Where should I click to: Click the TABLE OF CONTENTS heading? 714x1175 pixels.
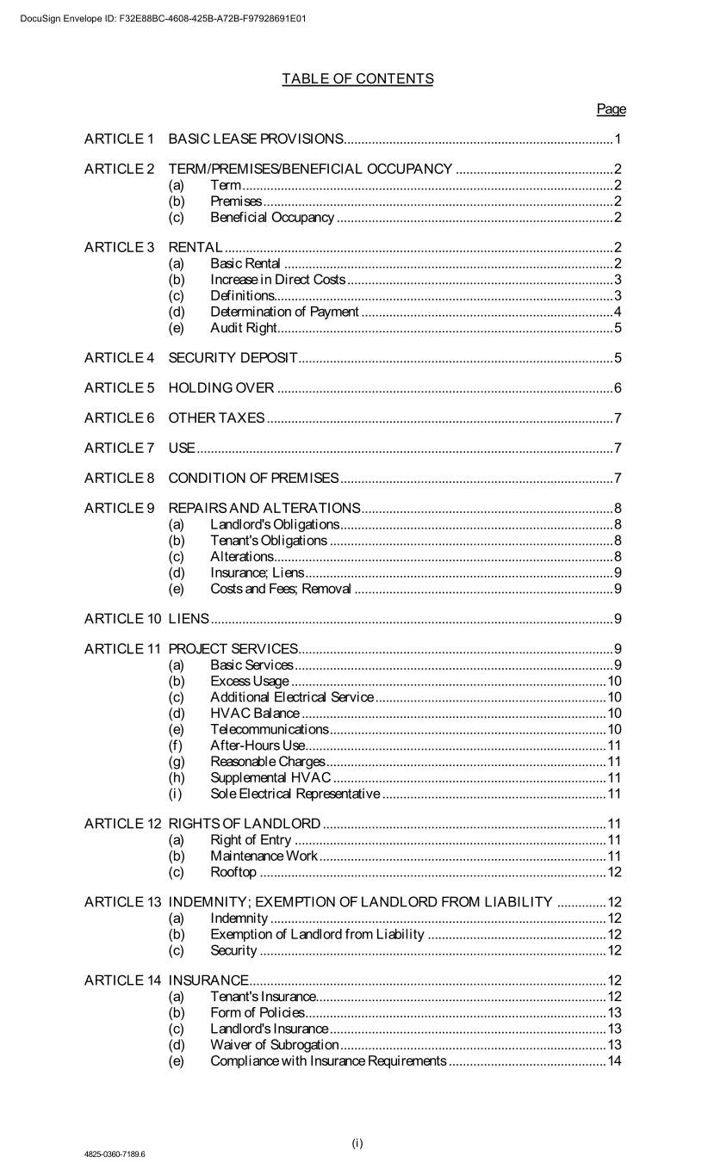point(357,79)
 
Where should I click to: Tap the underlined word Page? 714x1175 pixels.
point(611,109)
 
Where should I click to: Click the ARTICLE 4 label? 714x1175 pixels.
point(119,357)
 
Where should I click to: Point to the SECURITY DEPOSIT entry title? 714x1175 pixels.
point(233,357)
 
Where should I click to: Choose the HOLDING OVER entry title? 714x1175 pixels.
point(221,388)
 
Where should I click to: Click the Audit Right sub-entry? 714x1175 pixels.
point(244,328)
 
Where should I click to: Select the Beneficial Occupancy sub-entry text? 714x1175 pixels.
point(272,218)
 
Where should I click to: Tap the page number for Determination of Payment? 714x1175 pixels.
point(618,312)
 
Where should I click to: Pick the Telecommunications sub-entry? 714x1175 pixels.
point(270,730)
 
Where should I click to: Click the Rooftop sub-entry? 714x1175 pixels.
point(233,873)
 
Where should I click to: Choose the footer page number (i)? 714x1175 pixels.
point(357,1143)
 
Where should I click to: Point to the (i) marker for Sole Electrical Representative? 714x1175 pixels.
point(176,794)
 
